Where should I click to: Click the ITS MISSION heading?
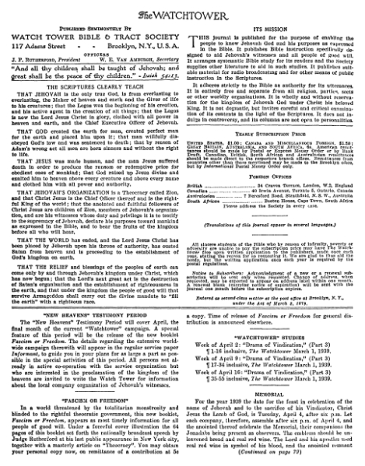click(x=272, y=27)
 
